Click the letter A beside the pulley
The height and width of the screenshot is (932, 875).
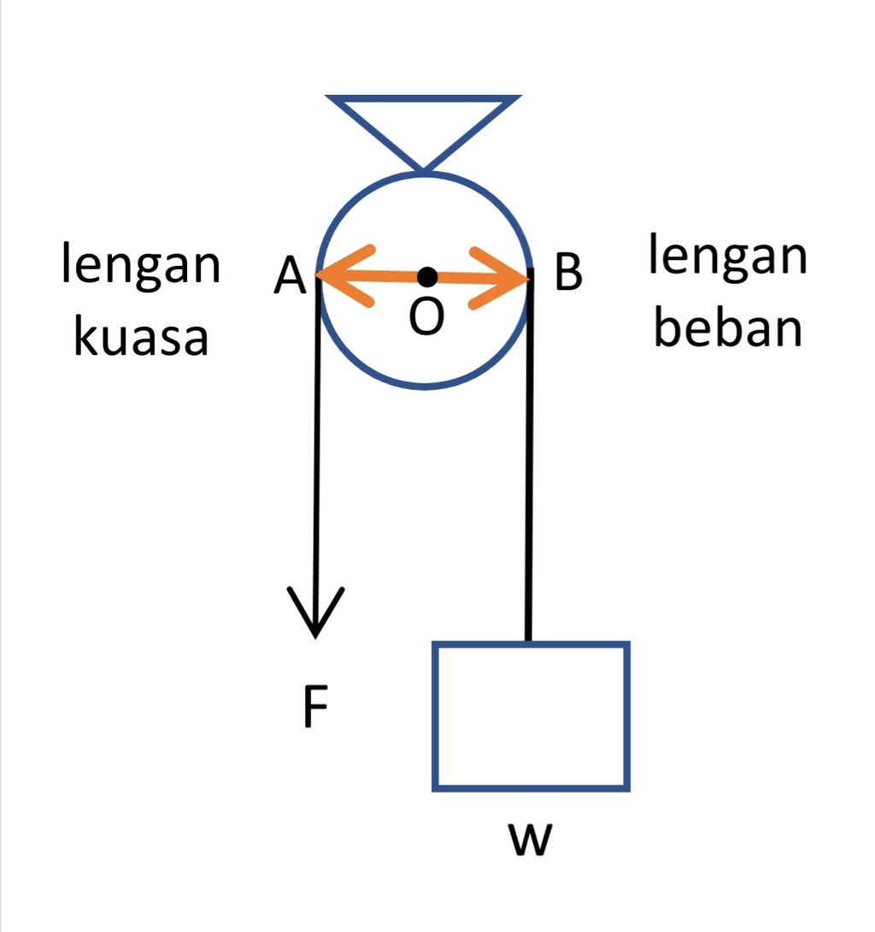pyautogui.click(x=291, y=277)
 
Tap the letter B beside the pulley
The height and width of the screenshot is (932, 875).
pyautogui.click(x=568, y=274)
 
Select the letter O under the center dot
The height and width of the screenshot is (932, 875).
pyautogui.click(x=426, y=318)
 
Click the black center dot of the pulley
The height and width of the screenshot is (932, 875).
pyautogui.click(x=427, y=276)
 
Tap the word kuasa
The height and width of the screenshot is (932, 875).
pyautogui.click(x=141, y=337)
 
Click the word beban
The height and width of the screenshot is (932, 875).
pyautogui.click(x=728, y=328)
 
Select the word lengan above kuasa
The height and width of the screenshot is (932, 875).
pyautogui.click(x=141, y=265)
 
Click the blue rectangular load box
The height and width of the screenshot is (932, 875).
pyautogui.click(x=531, y=715)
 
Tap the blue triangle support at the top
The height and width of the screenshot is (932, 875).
pyautogui.click(x=423, y=120)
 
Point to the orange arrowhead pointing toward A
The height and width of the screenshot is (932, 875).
pyautogui.click(x=342, y=275)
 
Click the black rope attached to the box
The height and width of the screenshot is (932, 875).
pyautogui.click(x=529, y=462)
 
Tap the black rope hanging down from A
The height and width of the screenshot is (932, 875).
pyautogui.click(x=317, y=445)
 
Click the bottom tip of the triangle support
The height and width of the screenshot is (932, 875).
pyautogui.click(x=423, y=169)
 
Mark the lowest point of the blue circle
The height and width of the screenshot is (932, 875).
pyautogui.click(x=425, y=388)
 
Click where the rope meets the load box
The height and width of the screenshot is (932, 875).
pyautogui.click(x=528, y=642)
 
